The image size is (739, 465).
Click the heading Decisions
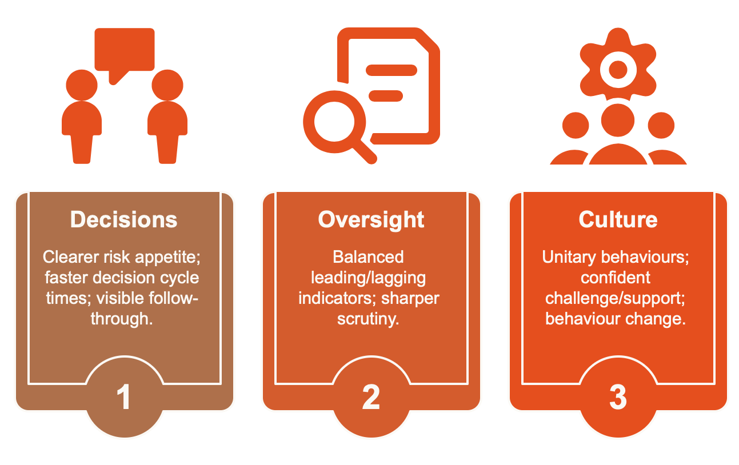tap(124, 220)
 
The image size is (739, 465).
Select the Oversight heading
tap(371, 220)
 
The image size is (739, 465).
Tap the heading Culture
tap(618, 220)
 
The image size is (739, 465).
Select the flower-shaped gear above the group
tap(618, 70)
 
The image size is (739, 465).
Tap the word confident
tap(616, 278)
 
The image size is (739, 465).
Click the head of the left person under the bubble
tap(82, 85)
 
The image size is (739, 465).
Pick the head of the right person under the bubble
tap(167, 85)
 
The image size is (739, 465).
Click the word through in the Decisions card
tap(122, 319)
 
